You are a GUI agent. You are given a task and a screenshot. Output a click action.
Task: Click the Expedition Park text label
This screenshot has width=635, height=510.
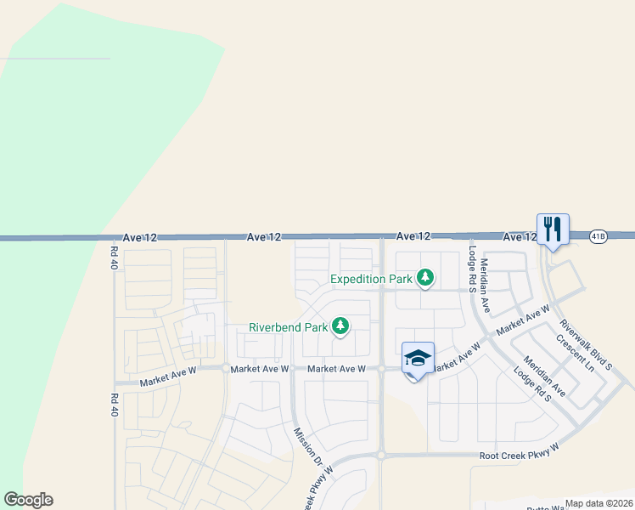click(x=371, y=279)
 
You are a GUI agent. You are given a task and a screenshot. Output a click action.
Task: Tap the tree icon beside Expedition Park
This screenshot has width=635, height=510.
click(x=425, y=278)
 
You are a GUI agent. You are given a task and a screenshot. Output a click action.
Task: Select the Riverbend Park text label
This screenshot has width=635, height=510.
click(x=288, y=326)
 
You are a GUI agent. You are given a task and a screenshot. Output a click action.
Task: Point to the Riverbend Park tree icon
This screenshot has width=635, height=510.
click(x=340, y=326)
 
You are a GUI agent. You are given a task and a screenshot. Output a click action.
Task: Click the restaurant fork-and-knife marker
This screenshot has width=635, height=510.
click(x=553, y=229)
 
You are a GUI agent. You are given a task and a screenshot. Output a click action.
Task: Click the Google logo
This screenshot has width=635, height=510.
click(x=28, y=500)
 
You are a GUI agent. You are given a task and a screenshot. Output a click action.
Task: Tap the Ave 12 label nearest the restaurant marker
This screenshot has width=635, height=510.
click(x=519, y=237)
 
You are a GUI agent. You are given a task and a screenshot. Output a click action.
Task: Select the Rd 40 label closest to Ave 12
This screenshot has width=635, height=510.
click(x=112, y=258)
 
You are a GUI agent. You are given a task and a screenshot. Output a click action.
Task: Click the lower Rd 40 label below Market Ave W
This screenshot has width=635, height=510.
click(x=112, y=404)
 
